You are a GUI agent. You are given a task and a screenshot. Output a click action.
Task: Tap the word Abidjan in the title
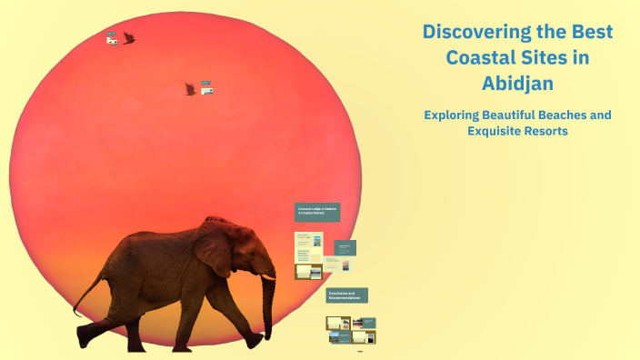pos(517,84)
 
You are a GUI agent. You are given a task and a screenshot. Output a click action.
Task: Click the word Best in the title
pos(591,33)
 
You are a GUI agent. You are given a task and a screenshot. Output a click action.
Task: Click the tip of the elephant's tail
pos(75,314)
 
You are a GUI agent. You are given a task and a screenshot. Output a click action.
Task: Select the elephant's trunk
pos(269,309)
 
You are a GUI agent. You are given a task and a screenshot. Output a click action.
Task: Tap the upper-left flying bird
pos(128,38)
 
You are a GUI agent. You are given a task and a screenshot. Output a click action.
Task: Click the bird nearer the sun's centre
pos(190,89)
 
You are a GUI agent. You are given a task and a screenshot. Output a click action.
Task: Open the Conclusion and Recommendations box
pos(346,295)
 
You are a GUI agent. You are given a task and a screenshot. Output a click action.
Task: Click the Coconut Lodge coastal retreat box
pos(317,212)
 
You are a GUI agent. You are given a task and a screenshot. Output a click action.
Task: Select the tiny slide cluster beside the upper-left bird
pos(111,38)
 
